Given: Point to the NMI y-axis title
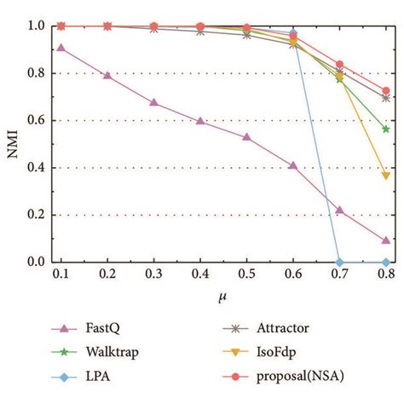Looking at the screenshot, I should [x=12, y=144].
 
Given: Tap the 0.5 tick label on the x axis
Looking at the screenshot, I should [x=246, y=274].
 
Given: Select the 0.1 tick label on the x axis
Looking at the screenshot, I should [x=60, y=274].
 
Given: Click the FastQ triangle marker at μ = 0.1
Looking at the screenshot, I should [x=60, y=48].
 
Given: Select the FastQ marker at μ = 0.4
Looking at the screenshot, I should [x=199, y=121].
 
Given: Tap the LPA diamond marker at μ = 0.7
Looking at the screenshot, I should [x=340, y=262].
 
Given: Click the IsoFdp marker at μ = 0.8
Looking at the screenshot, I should [x=386, y=176].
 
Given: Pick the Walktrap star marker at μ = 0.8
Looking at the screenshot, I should [x=386, y=129].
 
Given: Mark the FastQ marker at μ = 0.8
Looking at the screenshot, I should [x=386, y=240].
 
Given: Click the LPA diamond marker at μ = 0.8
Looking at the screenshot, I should [x=386, y=262].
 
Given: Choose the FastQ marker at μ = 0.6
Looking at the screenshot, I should [x=293, y=165].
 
